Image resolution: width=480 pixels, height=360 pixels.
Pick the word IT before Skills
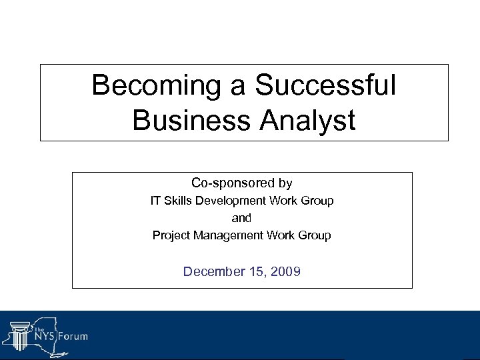point(155,201)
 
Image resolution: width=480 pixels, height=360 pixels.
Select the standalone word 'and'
point(241,218)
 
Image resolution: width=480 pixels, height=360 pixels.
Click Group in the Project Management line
point(315,235)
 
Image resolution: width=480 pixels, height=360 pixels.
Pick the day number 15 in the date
point(257,271)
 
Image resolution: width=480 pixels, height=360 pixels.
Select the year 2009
point(285,271)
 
